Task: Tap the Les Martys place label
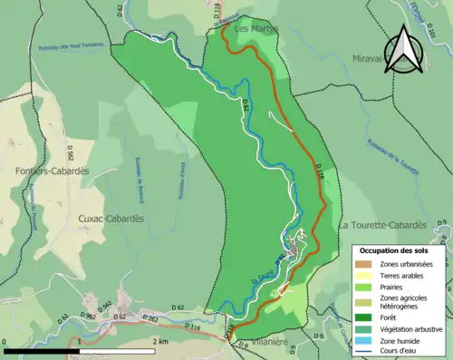point(256,29)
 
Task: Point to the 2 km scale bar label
point(160,341)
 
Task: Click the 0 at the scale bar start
point(5,341)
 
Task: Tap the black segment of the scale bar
point(41,350)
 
